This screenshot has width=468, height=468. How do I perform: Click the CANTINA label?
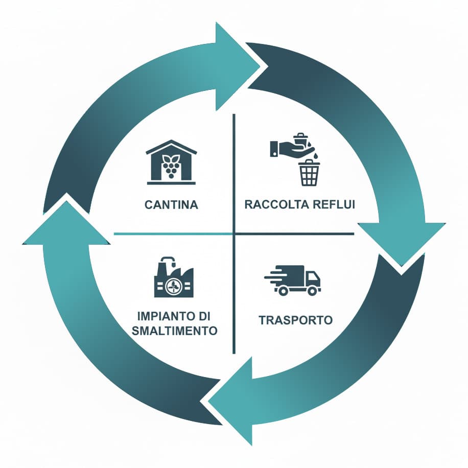[x=171, y=205]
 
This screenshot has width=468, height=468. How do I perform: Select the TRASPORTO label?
[x=295, y=320]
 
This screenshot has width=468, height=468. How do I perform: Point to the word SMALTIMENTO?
[x=175, y=331]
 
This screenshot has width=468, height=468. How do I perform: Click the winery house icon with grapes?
[x=171, y=162]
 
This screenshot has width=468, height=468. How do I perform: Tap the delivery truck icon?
[x=293, y=280]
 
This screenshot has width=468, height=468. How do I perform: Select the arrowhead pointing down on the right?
[x=402, y=240]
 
